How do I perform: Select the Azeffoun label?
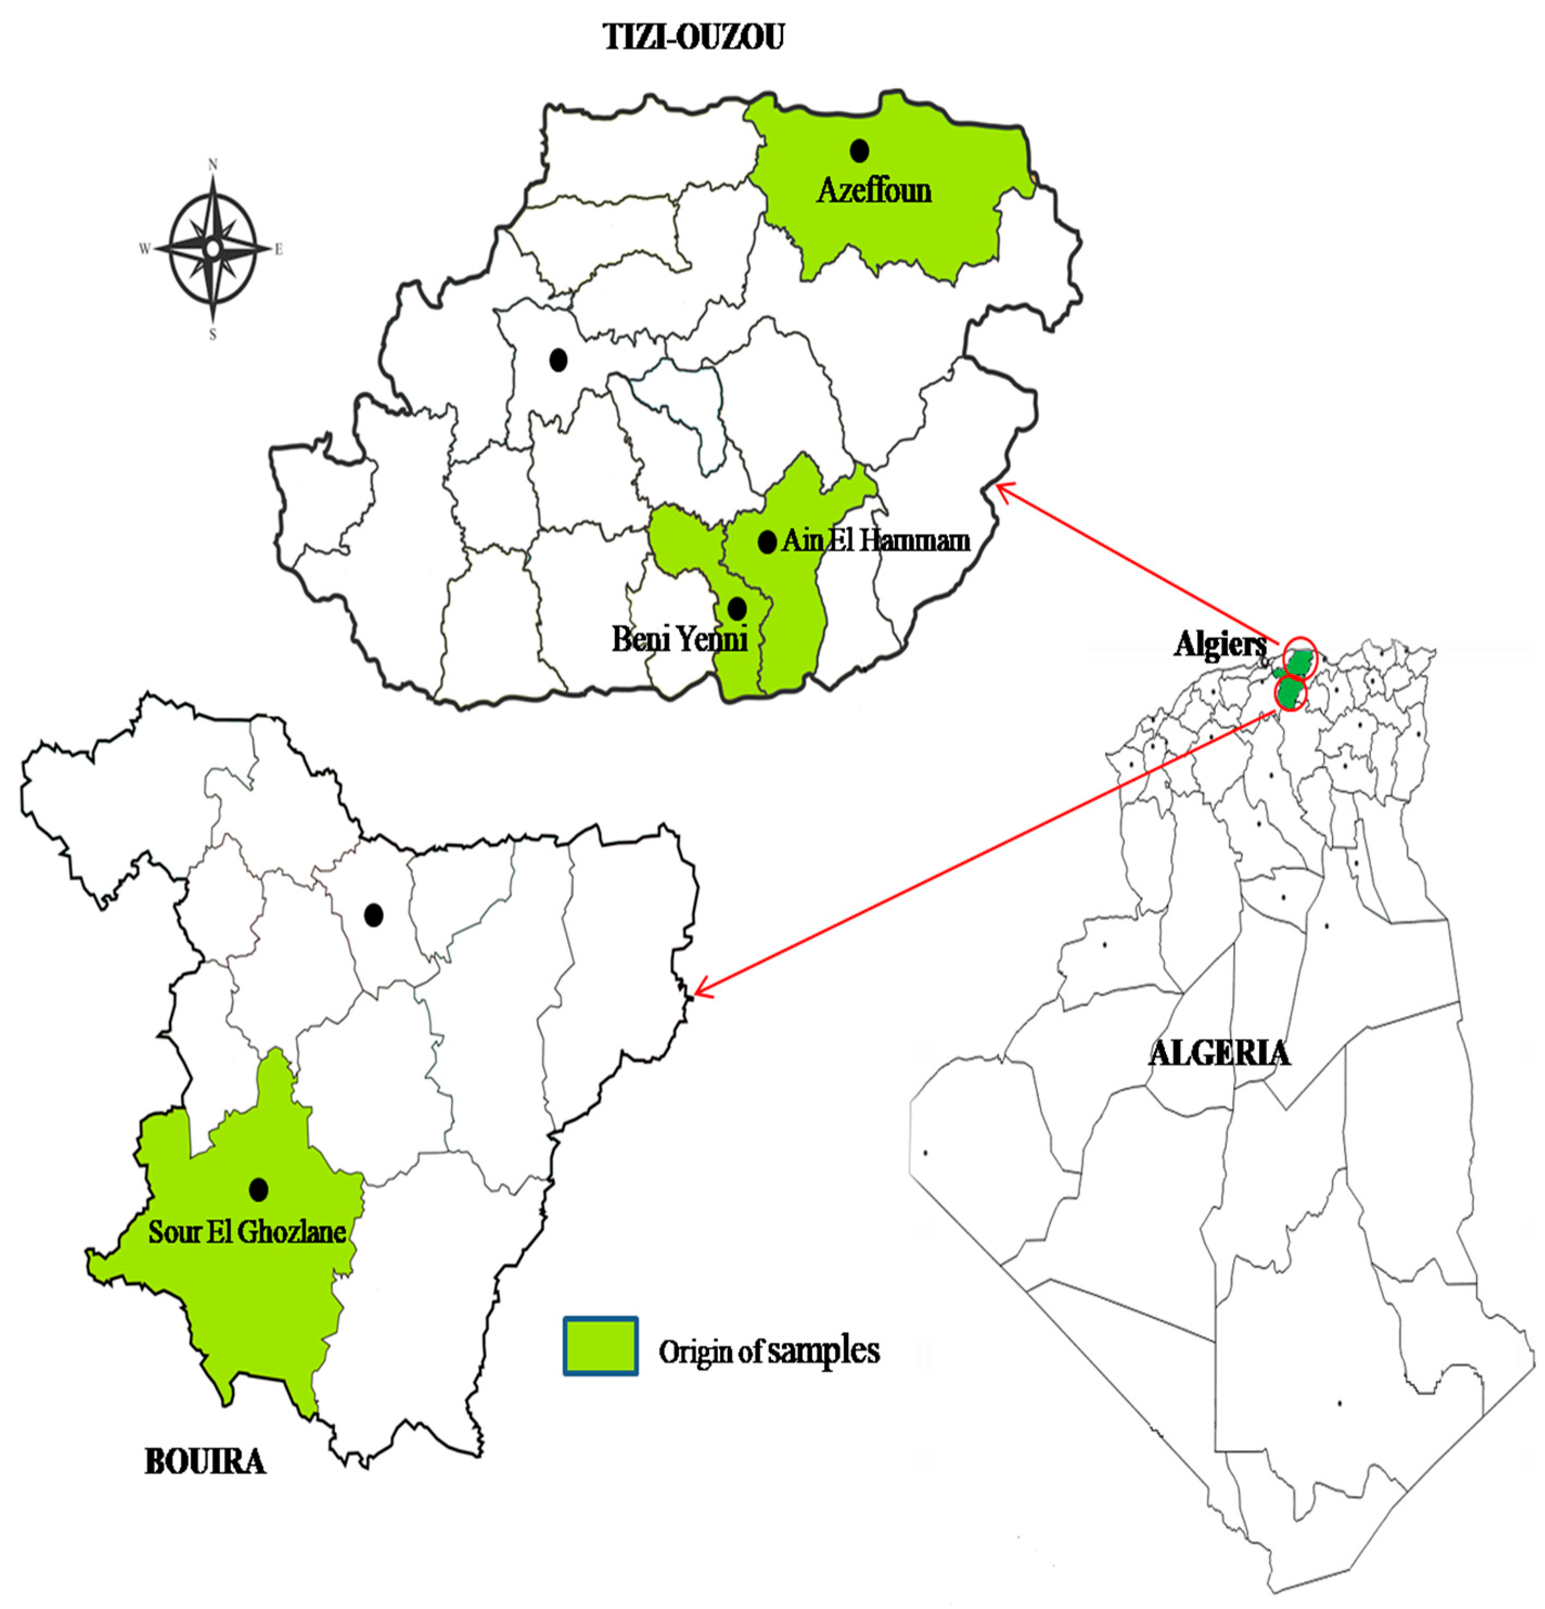pos(874,190)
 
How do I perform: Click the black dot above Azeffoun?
pos(859,150)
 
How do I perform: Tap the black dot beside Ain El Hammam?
pos(766,542)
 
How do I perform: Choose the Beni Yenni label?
pos(680,639)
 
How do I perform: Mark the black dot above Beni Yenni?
pos(737,608)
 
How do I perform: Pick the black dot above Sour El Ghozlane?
pos(259,1189)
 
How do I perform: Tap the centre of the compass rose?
pos(213,248)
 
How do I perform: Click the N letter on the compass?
pos(213,165)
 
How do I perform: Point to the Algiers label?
pos(1220,643)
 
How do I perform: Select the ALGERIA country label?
pos(1219,1052)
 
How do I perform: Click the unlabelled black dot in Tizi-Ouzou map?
pos(559,359)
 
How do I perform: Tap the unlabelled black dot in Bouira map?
pos(374,915)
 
